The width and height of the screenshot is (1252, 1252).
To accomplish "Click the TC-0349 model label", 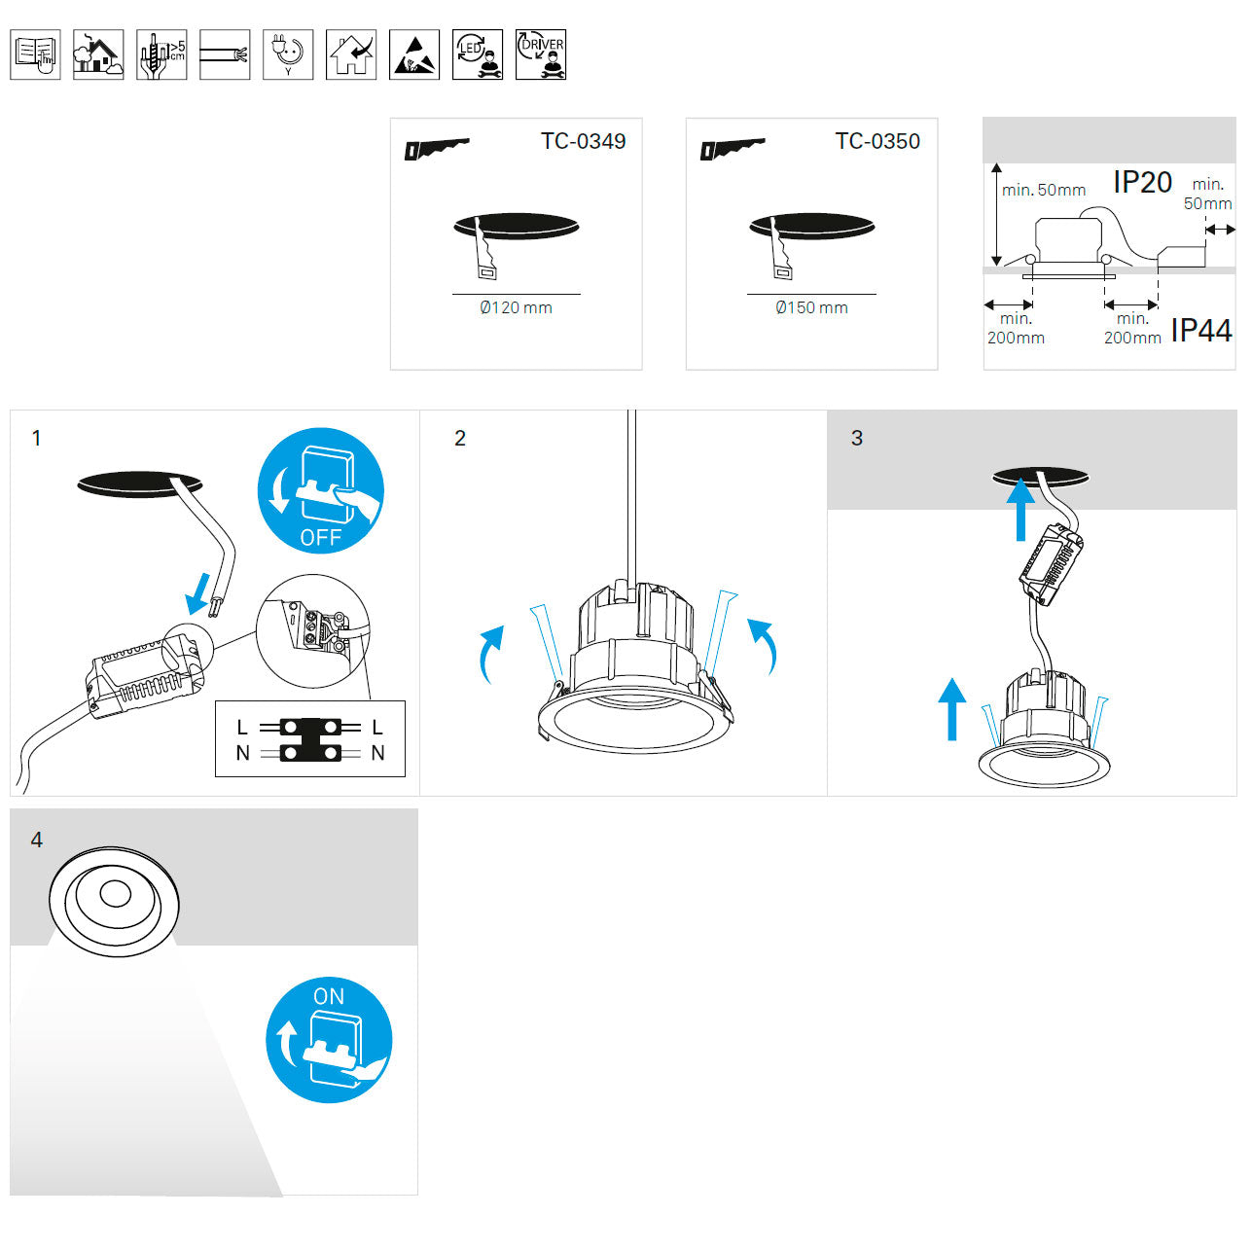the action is pyautogui.click(x=583, y=141).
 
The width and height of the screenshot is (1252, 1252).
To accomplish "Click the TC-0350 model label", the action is pyautogui.click(x=877, y=141).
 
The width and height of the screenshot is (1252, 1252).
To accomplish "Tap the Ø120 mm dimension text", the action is pyautogui.click(x=516, y=307).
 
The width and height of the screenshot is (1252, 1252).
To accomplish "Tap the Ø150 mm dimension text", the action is pyautogui.click(x=811, y=307).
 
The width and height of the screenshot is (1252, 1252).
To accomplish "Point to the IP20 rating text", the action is pyautogui.click(x=1142, y=182).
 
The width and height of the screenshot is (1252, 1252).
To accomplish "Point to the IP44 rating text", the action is pyautogui.click(x=1201, y=331).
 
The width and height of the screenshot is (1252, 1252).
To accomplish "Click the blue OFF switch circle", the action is pyautogui.click(x=321, y=490).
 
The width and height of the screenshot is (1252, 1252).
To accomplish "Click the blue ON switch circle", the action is pyautogui.click(x=329, y=1040).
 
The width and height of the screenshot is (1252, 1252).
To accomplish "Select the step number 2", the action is pyautogui.click(x=460, y=438).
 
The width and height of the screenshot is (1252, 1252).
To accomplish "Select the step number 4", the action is pyautogui.click(x=36, y=840).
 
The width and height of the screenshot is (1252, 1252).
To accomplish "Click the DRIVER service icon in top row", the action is pyautogui.click(x=541, y=54).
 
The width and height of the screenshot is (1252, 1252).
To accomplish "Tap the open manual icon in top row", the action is pyautogui.click(x=35, y=54).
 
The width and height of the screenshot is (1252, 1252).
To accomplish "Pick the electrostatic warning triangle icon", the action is pyautogui.click(x=413, y=54).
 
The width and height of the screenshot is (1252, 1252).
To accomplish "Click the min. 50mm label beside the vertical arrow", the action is pyautogui.click(x=1044, y=190).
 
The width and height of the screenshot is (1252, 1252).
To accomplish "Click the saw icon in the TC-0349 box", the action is pyautogui.click(x=437, y=149).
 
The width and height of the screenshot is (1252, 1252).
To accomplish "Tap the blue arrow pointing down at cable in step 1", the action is pyautogui.click(x=198, y=593).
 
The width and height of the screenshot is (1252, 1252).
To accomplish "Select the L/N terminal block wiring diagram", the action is pyautogui.click(x=310, y=738).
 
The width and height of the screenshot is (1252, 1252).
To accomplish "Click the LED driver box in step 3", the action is pyautogui.click(x=1051, y=563).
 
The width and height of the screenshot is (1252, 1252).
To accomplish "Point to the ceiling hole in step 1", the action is pyautogui.click(x=140, y=484).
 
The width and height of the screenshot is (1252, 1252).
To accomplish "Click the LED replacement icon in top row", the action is pyautogui.click(x=477, y=54).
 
